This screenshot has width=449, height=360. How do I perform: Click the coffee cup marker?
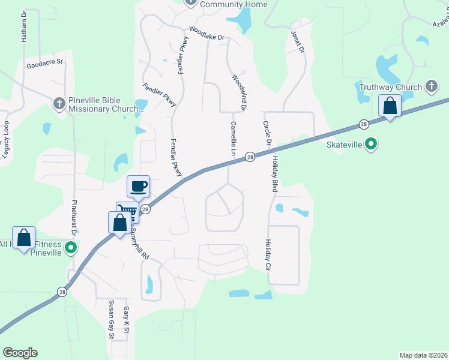[138, 186]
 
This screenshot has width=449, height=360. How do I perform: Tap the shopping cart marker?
[127, 211]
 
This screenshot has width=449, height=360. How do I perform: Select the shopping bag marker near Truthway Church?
[390, 106]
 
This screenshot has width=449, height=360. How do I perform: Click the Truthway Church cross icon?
[431, 87]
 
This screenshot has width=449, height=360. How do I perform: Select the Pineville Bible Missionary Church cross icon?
[59, 104]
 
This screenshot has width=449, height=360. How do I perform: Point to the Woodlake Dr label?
[206, 33]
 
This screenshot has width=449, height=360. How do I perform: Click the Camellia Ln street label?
[232, 139]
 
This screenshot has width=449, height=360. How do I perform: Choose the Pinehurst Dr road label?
[75, 217]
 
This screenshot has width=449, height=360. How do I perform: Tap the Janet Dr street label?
[298, 41]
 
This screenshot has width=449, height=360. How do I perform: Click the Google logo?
[20, 353]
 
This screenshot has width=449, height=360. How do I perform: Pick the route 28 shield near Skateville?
[364, 124]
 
